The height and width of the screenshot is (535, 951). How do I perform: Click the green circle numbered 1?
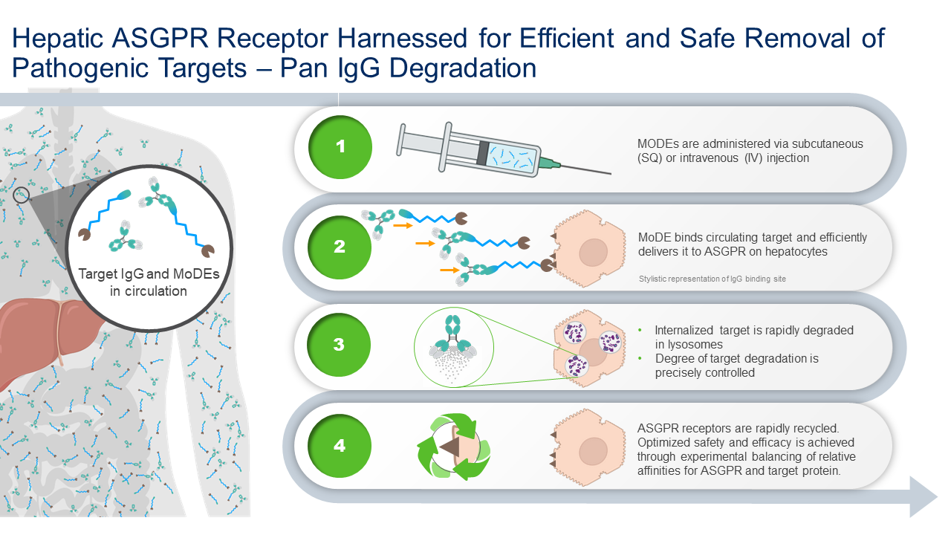point(340,146)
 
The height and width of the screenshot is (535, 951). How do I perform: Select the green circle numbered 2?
point(340,246)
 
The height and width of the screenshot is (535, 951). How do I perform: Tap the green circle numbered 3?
point(340,345)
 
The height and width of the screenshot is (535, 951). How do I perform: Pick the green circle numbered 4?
point(340,445)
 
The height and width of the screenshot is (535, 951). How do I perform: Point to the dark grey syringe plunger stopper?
point(484,152)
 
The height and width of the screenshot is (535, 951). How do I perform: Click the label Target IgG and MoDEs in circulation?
point(149,282)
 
